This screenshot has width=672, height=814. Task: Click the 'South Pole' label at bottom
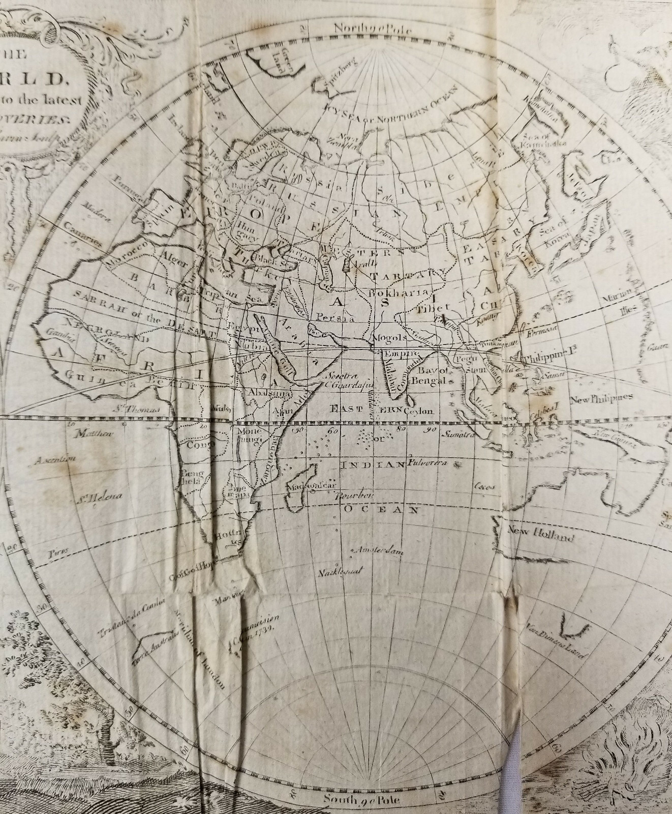[x=363, y=800]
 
